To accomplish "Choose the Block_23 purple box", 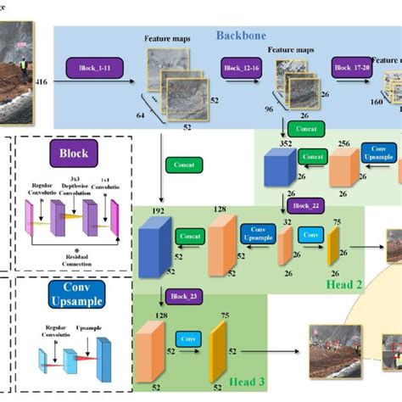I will click(x=179, y=298).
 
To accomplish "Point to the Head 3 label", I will click(x=247, y=382).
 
